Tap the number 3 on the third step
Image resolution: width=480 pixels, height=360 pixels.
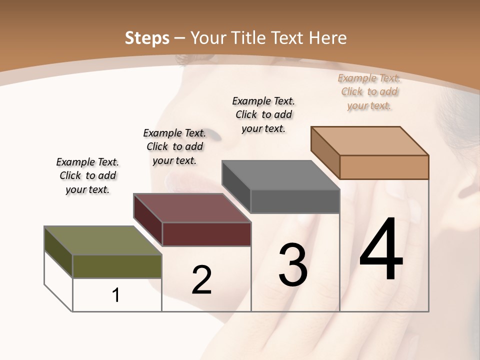point(293,265)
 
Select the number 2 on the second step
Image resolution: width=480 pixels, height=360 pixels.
point(201,280)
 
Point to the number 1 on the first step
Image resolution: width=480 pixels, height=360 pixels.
point(116,295)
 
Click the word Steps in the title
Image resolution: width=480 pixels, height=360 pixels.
point(147,38)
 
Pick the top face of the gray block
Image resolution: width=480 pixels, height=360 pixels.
point(280,175)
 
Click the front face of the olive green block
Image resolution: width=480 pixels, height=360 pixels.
point(117,266)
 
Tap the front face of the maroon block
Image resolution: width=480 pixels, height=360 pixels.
point(206,234)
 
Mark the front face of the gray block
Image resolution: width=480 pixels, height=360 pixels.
point(295,201)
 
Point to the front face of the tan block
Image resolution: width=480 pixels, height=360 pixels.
point(384,167)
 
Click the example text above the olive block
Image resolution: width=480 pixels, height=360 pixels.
point(87,175)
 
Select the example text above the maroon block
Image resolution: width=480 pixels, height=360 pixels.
point(174,146)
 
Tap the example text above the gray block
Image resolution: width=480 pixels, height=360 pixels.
point(263,114)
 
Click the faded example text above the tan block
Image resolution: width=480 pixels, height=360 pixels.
point(369,91)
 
